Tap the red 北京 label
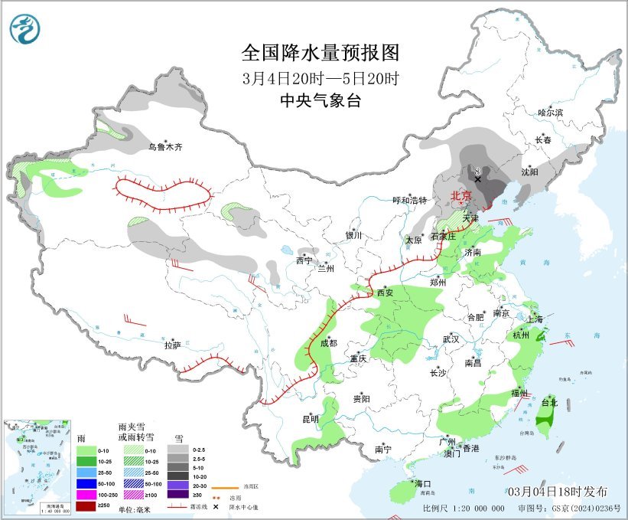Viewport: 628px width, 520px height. pos(460,196)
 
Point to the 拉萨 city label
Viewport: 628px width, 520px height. pos(172,345)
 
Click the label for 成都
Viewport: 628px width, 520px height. pos(328,344)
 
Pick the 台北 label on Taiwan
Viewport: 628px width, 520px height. pos(549,402)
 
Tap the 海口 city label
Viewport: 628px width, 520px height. pos(423,484)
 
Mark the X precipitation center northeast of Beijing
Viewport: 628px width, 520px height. pos(477,179)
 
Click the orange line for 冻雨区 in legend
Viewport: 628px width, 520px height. pos(223,486)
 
